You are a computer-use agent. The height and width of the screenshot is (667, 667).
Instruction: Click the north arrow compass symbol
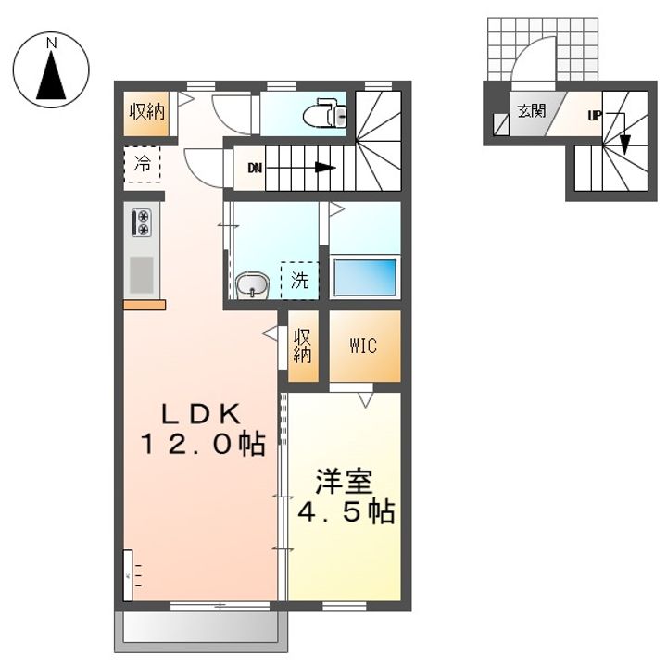[x=51, y=69]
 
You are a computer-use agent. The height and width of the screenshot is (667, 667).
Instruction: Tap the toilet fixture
[x=326, y=113]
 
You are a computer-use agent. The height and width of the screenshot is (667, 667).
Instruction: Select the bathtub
[x=365, y=277]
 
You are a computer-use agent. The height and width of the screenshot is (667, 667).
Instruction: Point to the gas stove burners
[x=142, y=222]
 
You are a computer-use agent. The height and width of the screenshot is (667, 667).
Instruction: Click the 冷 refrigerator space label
[x=142, y=163]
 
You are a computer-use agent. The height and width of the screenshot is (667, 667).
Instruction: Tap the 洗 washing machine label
[x=299, y=281]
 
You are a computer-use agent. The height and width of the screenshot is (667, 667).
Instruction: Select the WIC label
[x=363, y=346]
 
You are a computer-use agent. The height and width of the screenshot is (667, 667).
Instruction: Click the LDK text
[x=201, y=414]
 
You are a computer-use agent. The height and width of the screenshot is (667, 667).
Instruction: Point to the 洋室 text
[x=344, y=482]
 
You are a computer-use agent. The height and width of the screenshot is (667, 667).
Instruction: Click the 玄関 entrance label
[x=532, y=111]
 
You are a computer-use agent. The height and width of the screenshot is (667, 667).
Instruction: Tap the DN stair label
[x=255, y=169]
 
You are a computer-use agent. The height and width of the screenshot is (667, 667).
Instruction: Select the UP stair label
[x=594, y=115]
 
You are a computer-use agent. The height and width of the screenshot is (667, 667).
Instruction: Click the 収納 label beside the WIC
[x=302, y=346]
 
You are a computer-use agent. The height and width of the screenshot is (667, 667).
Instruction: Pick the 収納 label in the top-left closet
[x=147, y=112]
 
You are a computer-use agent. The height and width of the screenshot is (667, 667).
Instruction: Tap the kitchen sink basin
[x=141, y=275]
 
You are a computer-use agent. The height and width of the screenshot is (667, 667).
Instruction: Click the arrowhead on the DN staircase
[x=325, y=168]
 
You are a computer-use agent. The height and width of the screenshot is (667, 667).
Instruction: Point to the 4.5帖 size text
[x=346, y=511]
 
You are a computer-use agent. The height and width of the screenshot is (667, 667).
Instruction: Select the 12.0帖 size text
[x=203, y=444]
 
